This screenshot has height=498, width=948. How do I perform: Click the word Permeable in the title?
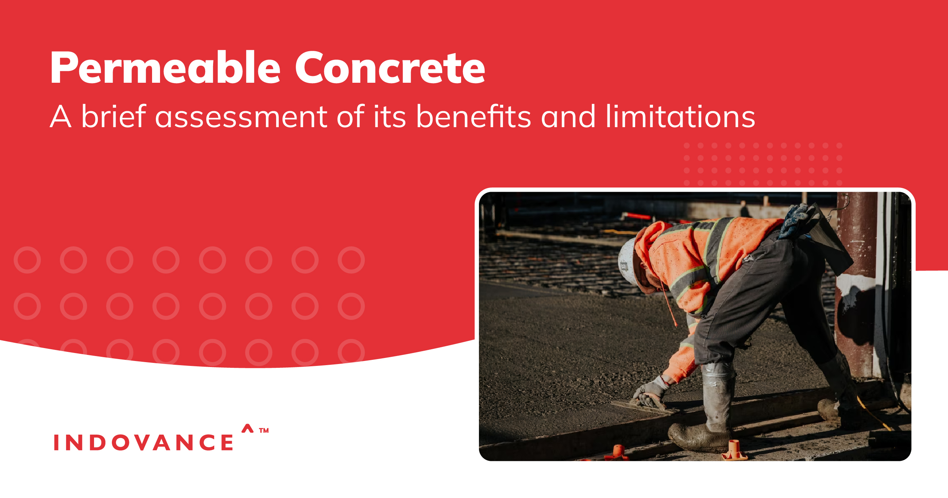click(x=165, y=68)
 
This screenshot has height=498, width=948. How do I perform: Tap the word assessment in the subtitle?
click(x=241, y=117)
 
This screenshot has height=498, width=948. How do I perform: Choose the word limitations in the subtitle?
click(x=680, y=117)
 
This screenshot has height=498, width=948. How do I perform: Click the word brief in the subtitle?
click(x=114, y=117)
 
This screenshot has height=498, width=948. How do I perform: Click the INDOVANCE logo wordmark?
click(x=143, y=443)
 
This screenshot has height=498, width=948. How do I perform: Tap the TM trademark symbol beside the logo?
click(x=264, y=430)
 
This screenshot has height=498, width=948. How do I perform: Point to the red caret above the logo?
click(x=247, y=428)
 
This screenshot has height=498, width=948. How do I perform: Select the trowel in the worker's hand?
click(x=641, y=407)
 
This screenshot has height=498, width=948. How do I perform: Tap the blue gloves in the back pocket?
click(x=796, y=220)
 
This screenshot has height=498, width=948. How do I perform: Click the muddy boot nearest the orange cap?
click(x=698, y=437)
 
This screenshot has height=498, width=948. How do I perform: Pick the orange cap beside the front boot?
click(x=734, y=450)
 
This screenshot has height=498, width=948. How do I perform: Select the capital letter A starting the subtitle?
click(x=61, y=117)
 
